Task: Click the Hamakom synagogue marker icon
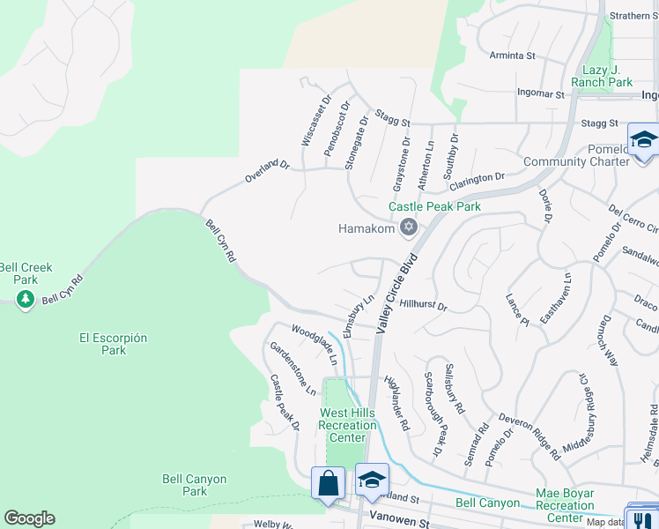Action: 407,228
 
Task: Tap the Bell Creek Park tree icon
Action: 26,299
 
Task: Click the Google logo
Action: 29,518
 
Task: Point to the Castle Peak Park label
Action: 435,206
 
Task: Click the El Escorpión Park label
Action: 114,344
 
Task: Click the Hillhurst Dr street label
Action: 424,306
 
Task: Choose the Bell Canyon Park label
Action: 194,485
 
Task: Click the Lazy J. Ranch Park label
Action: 608,76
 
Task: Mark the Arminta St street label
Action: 514,56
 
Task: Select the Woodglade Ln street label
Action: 315,346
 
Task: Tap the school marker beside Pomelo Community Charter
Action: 643,141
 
